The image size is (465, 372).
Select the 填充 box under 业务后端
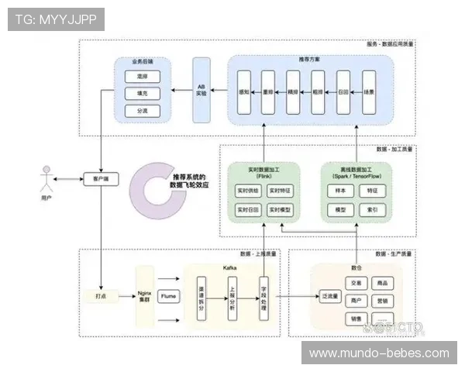coord(141,94)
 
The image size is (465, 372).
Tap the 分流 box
coord(141,111)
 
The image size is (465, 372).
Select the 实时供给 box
coord(249,190)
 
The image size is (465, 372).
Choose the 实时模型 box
coord(280,210)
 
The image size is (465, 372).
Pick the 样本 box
coord(339,190)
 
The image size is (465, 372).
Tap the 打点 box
coord(102,296)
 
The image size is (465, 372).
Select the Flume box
coord(168,296)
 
